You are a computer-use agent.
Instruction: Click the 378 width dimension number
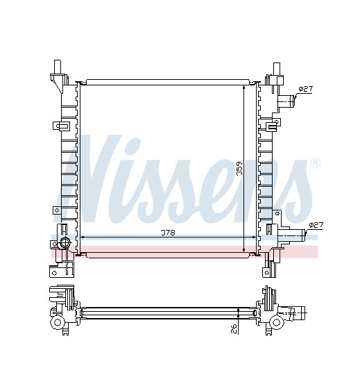pos(168,233)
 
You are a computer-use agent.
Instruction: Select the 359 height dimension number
pos(240,169)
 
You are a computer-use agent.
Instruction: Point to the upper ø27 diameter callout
pos(305,89)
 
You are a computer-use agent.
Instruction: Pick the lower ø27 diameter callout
pos(316,225)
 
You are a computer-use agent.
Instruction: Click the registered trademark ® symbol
pos(315,163)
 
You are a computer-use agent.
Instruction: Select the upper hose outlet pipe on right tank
pos(286,101)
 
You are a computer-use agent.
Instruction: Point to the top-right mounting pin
pos(277,69)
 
